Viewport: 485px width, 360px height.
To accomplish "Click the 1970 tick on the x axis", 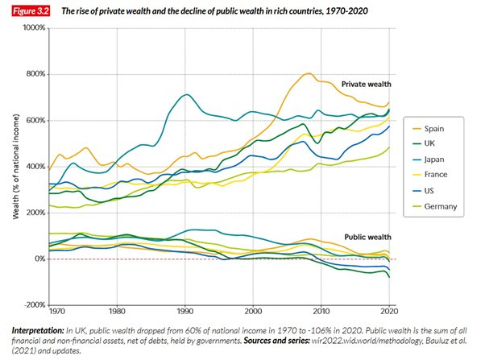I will point(56,310).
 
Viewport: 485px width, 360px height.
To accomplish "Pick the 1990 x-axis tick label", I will point(185,310).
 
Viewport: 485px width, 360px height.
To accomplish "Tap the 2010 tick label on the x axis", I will point(321,310).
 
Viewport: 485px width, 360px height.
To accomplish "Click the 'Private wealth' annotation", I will point(365,84).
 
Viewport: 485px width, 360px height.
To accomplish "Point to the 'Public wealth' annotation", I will point(366,238).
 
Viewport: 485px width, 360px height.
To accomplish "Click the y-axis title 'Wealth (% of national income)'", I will point(16,166).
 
